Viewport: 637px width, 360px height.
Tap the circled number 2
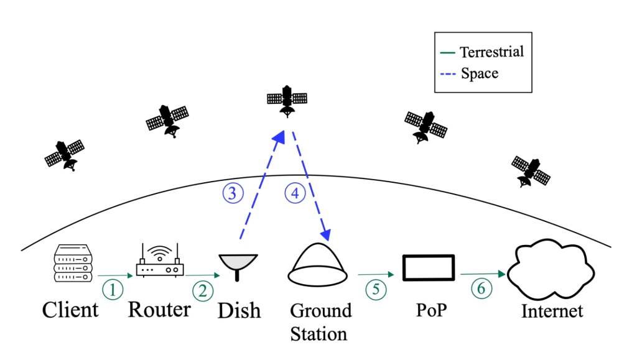[202, 290]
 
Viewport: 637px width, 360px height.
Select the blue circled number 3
[232, 193]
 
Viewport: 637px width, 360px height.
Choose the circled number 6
[479, 288]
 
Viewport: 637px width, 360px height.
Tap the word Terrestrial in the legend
[491, 52]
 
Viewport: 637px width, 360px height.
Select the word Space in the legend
[480, 73]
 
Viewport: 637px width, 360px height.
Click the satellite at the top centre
[287, 100]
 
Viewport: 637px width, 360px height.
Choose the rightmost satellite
[530, 170]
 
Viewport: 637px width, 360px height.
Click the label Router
[159, 308]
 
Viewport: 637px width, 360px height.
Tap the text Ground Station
[320, 321]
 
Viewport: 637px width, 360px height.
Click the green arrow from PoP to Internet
[482, 274]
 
